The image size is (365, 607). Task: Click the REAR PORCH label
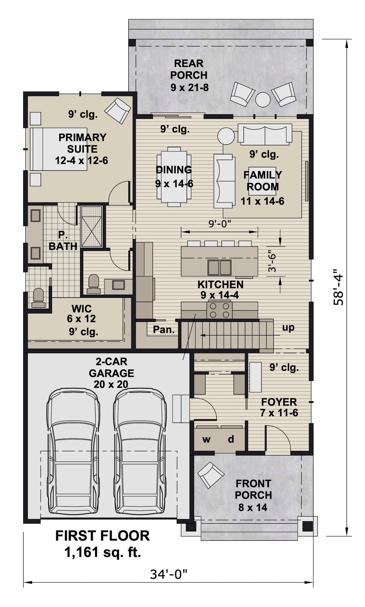pos(189,75)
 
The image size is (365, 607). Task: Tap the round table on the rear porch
pos(262,99)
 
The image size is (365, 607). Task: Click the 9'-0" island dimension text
pos(220,224)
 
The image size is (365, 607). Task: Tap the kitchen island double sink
pos(219,267)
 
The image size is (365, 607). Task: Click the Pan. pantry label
pos(164,329)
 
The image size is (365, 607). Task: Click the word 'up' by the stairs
pos(288,328)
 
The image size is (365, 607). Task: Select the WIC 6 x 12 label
pos(82,314)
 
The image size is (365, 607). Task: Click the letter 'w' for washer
pos(206,439)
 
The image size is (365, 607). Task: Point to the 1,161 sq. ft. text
pos(103,552)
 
